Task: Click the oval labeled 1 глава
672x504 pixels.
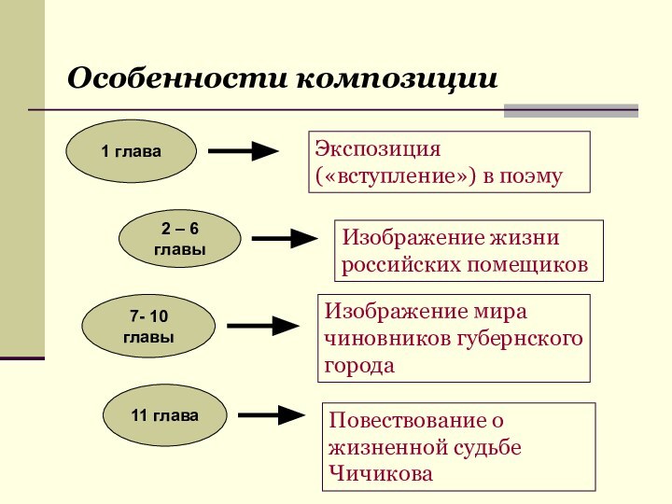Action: (131, 150)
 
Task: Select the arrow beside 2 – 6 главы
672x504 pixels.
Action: (287, 239)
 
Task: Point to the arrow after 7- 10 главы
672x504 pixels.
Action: (263, 326)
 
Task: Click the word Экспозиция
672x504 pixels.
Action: (377, 148)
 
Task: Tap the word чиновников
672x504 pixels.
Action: (387, 338)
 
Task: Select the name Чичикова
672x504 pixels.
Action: (381, 474)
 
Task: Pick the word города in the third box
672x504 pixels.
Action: (359, 365)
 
